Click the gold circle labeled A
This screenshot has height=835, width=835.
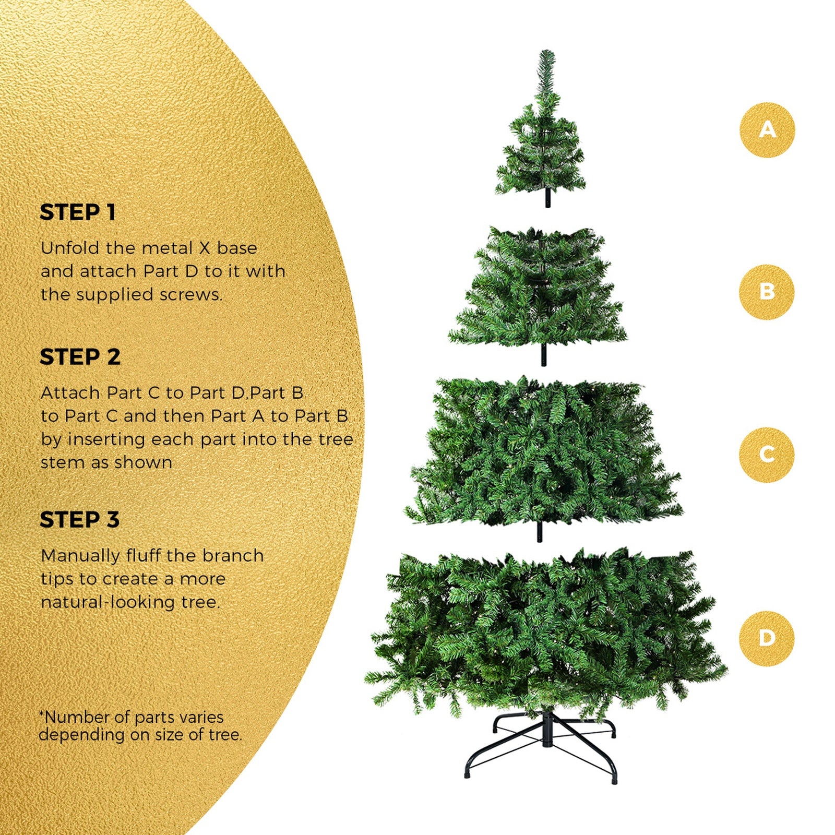coord(767,129)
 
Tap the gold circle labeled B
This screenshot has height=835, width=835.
coord(767,292)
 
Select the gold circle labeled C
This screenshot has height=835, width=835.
coord(767,454)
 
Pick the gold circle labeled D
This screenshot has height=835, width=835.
coord(767,638)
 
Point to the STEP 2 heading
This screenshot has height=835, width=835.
coord(80,357)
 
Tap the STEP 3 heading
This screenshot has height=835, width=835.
coord(79,520)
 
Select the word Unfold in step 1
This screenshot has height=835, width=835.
coord(70,248)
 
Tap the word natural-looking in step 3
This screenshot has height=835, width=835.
coord(108,602)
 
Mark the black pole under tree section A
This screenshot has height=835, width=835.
coord(547,199)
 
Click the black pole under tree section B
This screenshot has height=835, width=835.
coord(544,355)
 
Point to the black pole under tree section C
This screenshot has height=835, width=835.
coord(540,531)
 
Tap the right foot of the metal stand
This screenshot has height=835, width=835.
coord(615,780)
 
